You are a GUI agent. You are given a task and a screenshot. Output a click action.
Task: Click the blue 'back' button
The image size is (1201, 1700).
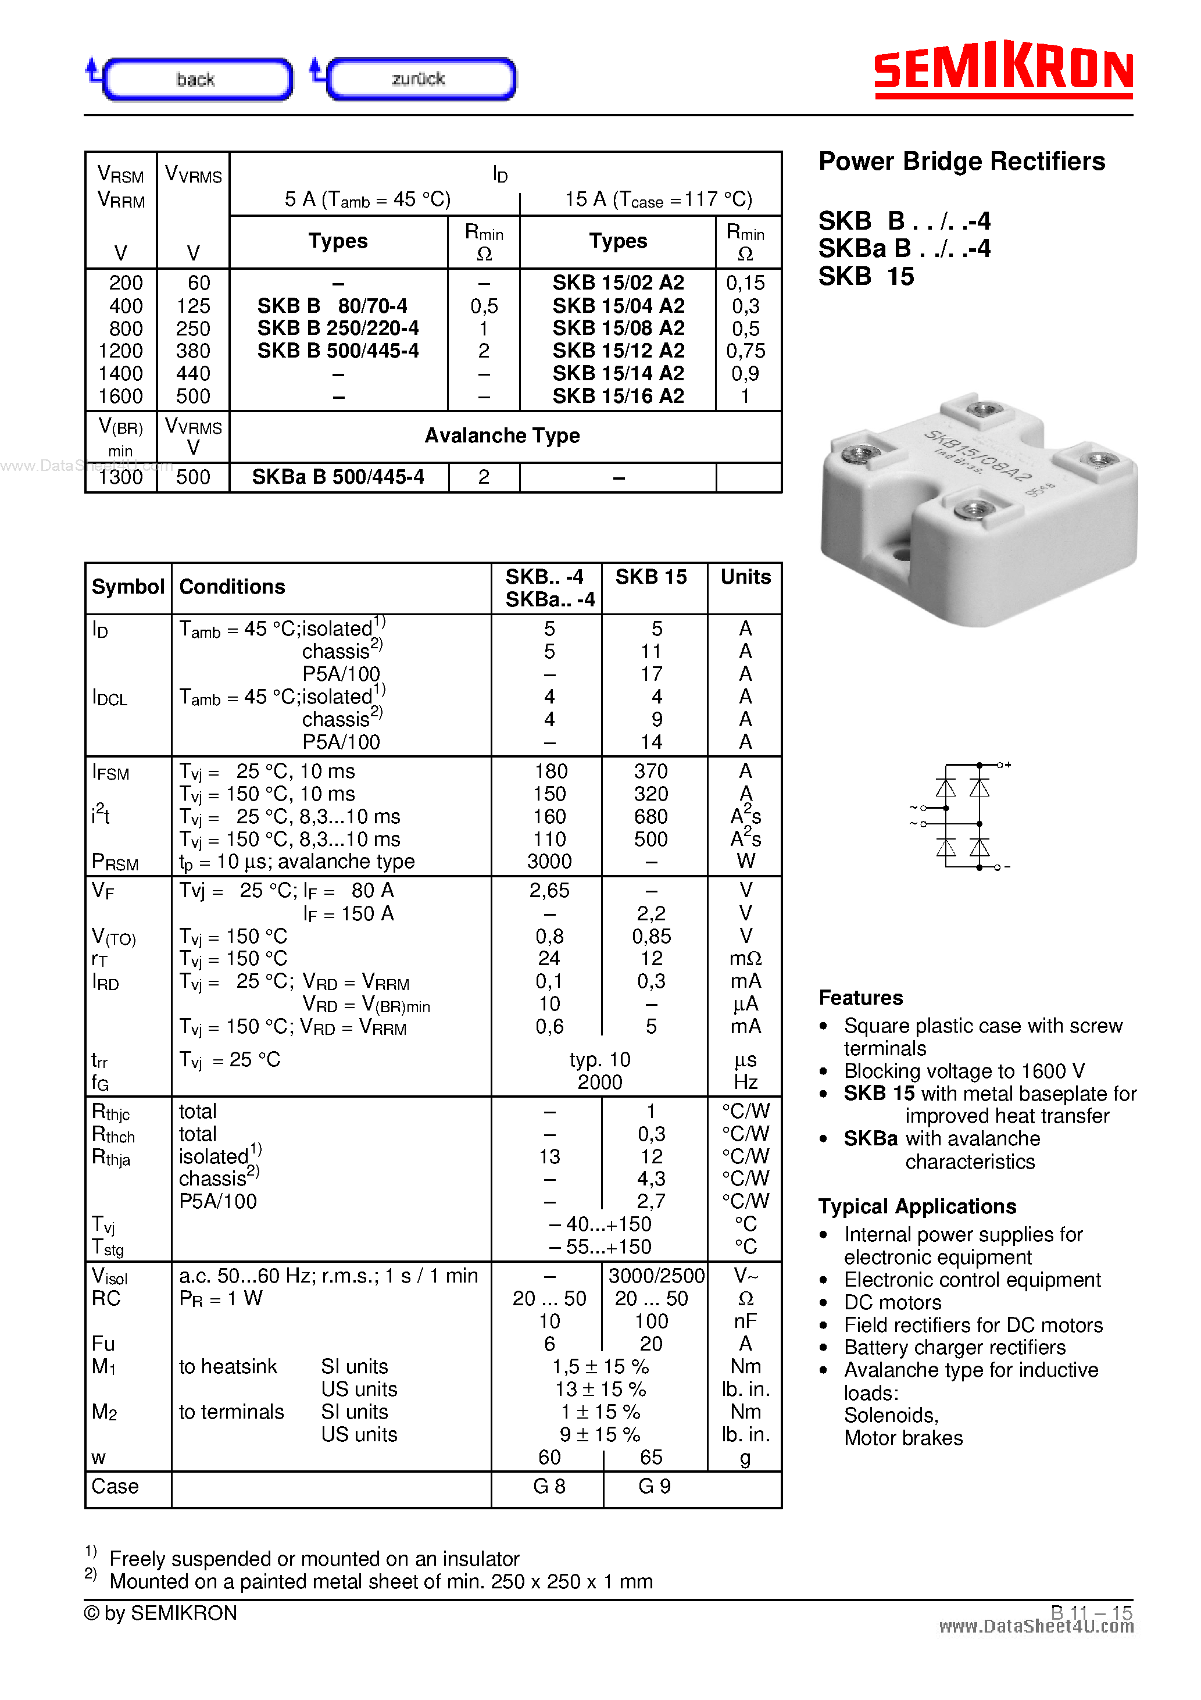click(x=196, y=79)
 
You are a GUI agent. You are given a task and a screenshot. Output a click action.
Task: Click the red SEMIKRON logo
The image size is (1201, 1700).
click(x=1003, y=70)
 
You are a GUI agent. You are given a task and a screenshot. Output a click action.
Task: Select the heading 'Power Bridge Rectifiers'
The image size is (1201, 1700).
click(x=961, y=162)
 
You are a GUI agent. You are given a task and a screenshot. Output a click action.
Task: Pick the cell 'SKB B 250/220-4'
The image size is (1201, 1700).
click(x=338, y=328)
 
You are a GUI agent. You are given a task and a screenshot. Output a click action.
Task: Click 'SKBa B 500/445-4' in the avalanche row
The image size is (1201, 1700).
click(x=338, y=477)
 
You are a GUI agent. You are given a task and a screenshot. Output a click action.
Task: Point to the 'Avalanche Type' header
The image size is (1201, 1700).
click(x=502, y=436)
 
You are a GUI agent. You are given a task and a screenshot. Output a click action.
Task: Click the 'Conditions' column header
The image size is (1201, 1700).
click(x=232, y=587)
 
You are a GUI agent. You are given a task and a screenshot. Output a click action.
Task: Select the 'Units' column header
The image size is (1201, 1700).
click(x=745, y=577)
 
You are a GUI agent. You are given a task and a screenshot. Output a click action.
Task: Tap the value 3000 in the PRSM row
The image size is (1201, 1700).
click(x=549, y=862)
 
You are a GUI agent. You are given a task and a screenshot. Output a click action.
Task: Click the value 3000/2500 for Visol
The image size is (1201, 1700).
click(x=655, y=1276)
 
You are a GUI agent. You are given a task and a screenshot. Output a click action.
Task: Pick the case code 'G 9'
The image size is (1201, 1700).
click(x=654, y=1487)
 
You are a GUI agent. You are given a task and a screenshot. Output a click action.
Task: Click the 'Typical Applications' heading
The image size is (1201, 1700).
click(x=917, y=1207)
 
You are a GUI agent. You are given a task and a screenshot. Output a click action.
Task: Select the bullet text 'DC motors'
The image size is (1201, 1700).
click(x=892, y=1303)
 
